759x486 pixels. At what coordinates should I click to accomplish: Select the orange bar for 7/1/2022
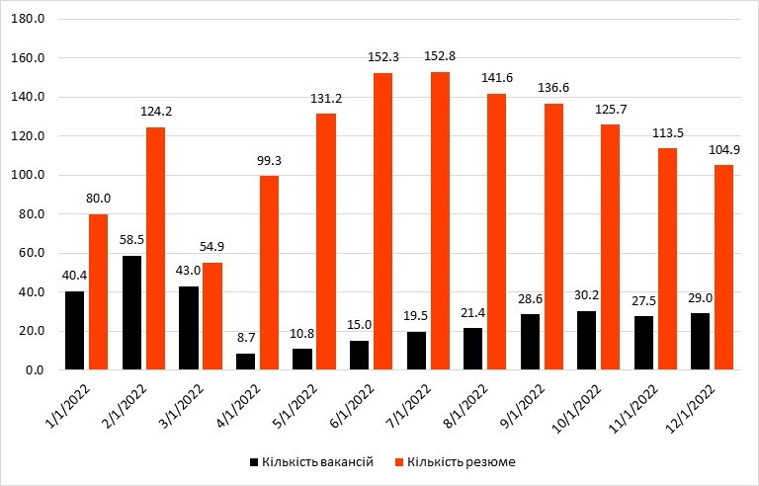(x=440, y=221)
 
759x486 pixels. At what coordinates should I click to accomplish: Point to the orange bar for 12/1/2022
(x=724, y=268)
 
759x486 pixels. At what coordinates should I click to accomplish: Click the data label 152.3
(x=383, y=56)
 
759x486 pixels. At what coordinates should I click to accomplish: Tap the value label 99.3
(x=269, y=159)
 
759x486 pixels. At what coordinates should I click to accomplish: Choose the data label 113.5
(x=668, y=132)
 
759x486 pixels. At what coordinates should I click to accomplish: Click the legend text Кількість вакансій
(x=317, y=461)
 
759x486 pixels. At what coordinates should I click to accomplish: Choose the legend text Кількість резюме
(x=462, y=461)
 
